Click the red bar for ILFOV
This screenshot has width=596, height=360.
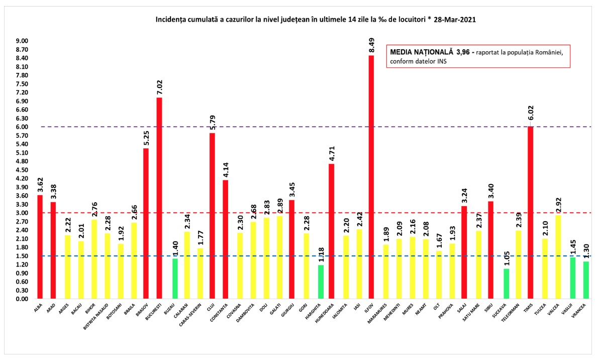[371, 176]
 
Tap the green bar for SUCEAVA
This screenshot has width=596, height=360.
[507, 284]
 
